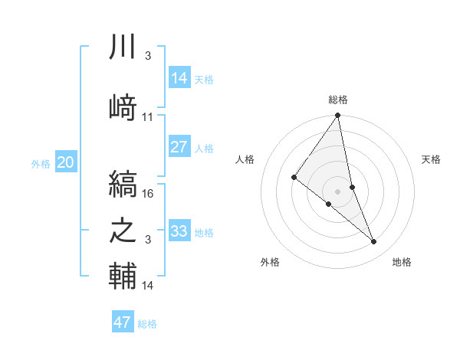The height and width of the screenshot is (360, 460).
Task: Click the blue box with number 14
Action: pos(179,77)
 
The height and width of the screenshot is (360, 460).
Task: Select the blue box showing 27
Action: pos(179,147)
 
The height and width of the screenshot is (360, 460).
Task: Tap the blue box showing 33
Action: pos(179,231)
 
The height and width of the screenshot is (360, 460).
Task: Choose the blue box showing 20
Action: pos(66,162)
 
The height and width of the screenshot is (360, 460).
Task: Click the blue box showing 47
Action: pos(123,322)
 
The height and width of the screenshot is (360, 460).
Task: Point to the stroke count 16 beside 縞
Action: pos(149,194)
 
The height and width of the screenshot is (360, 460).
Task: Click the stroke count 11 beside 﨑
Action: pos(148,117)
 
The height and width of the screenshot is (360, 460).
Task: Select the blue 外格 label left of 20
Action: pos(41,163)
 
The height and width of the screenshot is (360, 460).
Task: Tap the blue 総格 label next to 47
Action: pos(147,324)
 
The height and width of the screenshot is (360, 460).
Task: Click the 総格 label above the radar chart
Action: pos(338,100)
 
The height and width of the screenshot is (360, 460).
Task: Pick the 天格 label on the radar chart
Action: pos(432,159)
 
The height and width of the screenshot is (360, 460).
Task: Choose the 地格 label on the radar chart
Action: pos(402,262)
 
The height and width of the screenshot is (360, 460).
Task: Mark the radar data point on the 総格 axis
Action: pos(337,116)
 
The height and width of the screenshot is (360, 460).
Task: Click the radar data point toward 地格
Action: pos(374,241)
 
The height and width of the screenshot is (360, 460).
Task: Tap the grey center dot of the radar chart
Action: pos(337,190)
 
